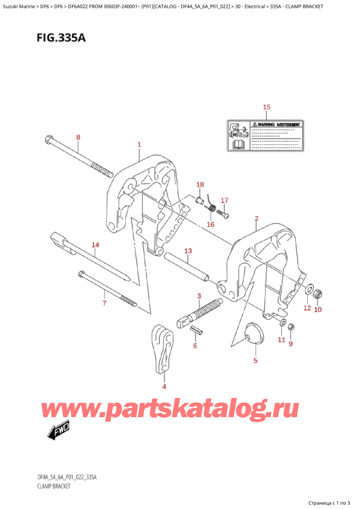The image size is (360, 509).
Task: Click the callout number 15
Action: [x=267, y=107]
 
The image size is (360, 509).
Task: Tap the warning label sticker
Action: [x=266, y=135]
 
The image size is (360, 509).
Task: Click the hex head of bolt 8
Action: [x=49, y=141]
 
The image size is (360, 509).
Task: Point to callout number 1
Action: [x=139, y=145]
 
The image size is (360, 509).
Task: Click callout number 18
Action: [x=200, y=184]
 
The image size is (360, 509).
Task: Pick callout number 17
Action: [x=224, y=200]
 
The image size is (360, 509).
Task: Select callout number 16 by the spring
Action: [x=210, y=224]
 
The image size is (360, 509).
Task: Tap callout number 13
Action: [x=188, y=250]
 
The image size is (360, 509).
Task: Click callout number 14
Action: [x=95, y=245]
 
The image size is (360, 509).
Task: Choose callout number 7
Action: [x=104, y=303]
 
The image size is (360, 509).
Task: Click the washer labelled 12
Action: [x=308, y=291]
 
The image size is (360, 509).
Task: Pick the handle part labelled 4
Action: [x=161, y=351]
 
